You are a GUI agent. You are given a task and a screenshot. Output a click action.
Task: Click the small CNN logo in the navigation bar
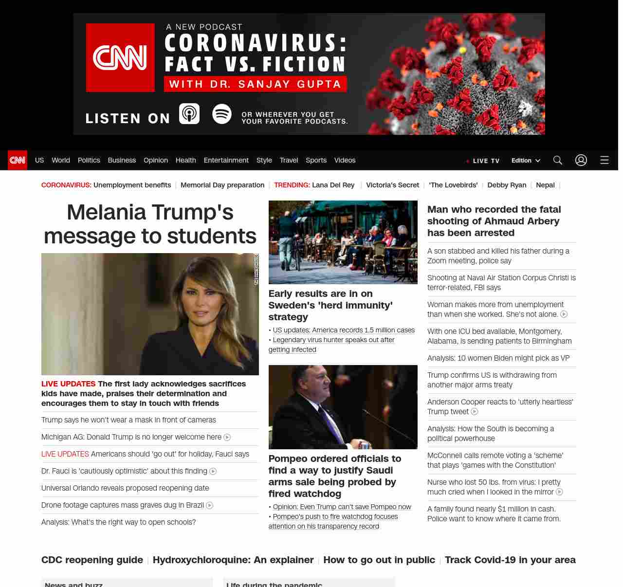tap(18, 160)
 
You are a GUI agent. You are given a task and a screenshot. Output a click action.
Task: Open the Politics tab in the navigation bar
tap(89, 160)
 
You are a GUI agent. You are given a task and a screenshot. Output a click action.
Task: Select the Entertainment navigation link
tap(226, 160)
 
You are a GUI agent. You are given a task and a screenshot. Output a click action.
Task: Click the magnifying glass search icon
tap(558, 160)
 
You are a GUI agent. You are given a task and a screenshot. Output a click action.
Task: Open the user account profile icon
tap(581, 160)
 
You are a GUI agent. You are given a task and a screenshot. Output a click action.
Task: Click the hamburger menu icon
tap(605, 160)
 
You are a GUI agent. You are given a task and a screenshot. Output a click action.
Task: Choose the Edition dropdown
tap(526, 161)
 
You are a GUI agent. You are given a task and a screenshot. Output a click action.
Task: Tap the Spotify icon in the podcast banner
tap(222, 114)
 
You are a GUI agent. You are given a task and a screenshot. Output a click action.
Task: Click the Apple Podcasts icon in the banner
tap(189, 114)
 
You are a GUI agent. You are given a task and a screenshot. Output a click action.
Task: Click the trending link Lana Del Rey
tap(333, 185)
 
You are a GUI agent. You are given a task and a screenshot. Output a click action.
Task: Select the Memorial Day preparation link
tap(222, 185)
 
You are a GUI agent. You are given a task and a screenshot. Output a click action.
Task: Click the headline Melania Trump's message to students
tap(150, 224)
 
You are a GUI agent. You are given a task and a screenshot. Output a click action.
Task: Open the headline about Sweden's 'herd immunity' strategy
tap(330, 305)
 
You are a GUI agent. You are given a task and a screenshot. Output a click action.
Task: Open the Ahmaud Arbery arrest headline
tap(494, 221)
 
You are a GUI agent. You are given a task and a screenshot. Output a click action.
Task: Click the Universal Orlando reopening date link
tap(125, 488)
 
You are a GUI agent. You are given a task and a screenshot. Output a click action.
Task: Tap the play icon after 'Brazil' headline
tap(210, 506)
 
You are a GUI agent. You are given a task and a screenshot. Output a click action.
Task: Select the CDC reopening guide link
tap(92, 560)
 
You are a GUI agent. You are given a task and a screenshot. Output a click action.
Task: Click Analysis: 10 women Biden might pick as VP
tap(498, 358)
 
